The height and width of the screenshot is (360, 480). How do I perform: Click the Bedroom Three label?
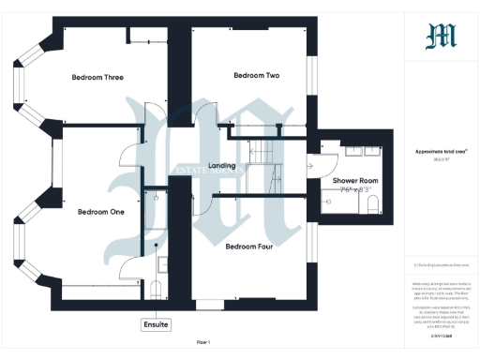98,77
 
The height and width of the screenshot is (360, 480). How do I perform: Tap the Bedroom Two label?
257,75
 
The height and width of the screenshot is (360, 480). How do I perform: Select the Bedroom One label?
101,212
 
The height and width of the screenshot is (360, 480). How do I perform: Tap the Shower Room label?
354,180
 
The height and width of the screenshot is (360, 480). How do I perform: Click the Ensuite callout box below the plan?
157,324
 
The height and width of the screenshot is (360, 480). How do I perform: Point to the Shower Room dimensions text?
354,190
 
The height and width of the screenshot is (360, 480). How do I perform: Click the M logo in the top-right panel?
441,37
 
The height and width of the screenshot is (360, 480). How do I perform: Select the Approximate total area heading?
441,151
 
